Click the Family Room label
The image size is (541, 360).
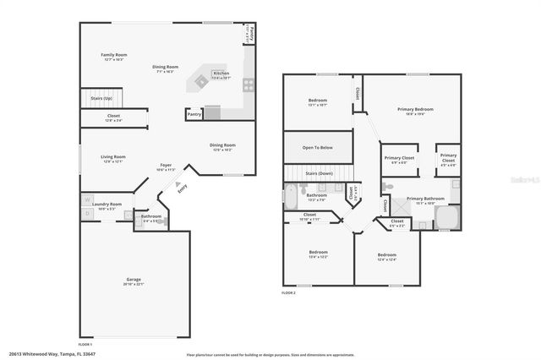click(x=114, y=56)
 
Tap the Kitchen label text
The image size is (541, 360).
click(x=221, y=74)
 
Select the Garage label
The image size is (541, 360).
click(x=134, y=281)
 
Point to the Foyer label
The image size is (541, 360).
click(x=167, y=166)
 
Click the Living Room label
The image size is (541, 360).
click(x=113, y=157)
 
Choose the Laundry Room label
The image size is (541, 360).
click(x=107, y=205)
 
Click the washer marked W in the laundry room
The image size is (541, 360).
click(x=86, y=200)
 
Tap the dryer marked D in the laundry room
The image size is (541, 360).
click(x=86, y=214)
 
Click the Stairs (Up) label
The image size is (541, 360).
click(x=102, y=98)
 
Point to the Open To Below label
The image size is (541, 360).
click(x=317, y=147)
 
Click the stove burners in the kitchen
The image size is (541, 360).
click(x=249, y=85)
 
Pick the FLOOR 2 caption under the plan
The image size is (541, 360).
click(x=289, y=293)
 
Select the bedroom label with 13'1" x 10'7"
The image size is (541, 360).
click(x=317, y=103)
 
